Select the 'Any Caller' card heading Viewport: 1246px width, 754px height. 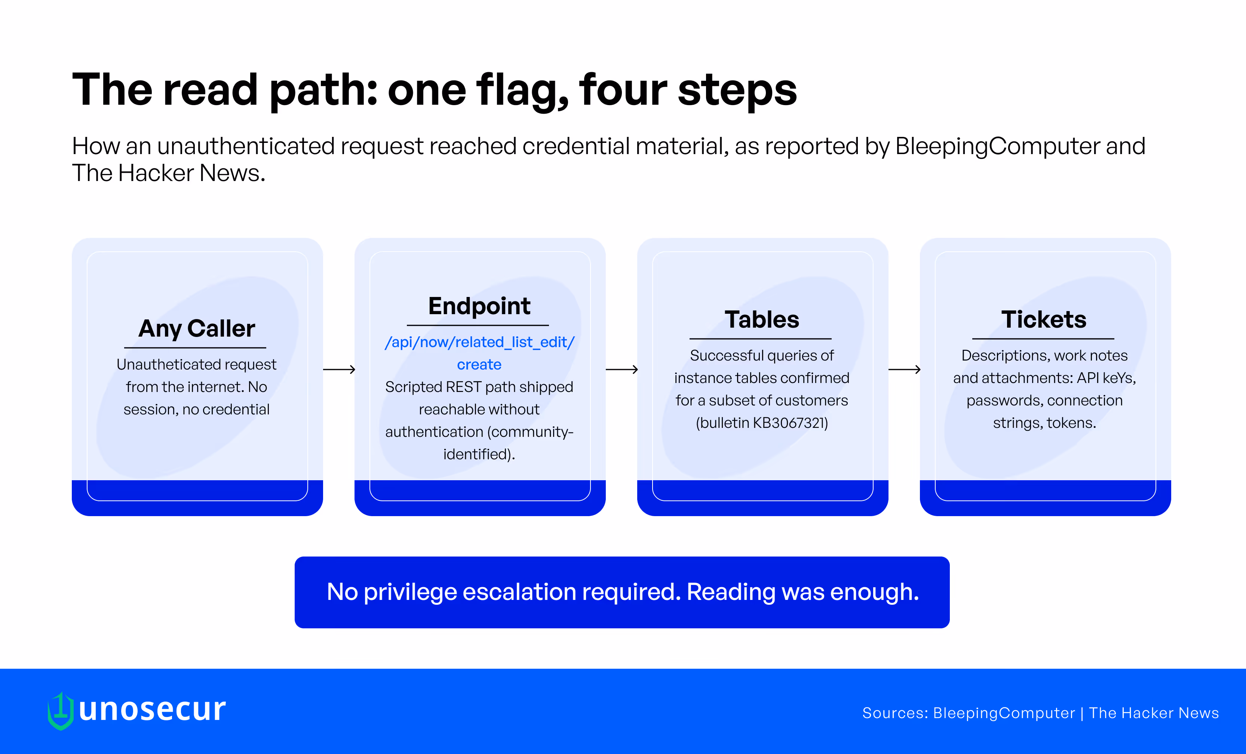197,329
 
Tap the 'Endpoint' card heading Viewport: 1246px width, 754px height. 479,306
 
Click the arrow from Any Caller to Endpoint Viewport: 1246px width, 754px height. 339,370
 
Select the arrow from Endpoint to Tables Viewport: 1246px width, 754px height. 622,370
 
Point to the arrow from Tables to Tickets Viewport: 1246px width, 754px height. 905,370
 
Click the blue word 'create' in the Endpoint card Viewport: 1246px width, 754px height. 479,364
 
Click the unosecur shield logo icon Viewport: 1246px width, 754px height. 61,711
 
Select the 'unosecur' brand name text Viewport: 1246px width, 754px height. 152,709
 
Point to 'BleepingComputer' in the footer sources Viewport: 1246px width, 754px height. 1004,713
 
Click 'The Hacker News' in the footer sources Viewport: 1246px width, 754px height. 1154,713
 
